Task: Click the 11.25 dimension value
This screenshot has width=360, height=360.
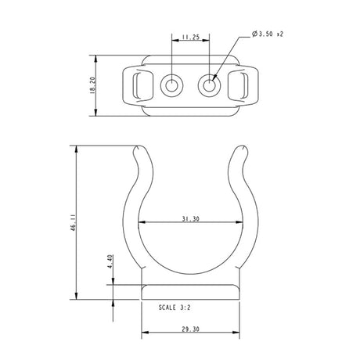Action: tap(189, 37)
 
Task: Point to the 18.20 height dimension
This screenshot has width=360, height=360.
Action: tap(93, 85)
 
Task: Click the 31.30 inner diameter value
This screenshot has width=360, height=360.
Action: tap(189, 220)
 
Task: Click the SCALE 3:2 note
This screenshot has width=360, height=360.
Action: tap(178, 308)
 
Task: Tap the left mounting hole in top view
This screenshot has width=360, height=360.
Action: tap(171, 85)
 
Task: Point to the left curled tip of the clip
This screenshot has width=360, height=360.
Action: tap(142, 154)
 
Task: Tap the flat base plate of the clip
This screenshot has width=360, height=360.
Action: tap(189, 293)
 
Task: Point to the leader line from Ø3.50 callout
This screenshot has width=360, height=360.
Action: tap(230, 56)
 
